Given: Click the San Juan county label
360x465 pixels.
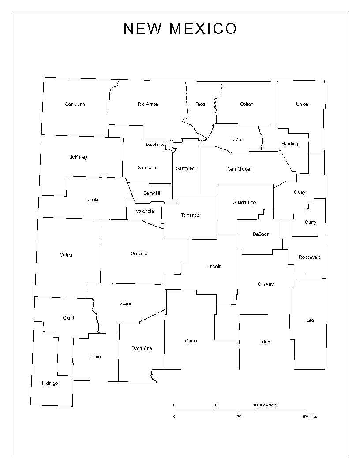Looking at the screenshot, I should [x=75, y=104].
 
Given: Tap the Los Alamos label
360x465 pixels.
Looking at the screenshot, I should [x=155, y=145].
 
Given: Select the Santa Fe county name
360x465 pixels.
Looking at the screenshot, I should [x=185, y=168].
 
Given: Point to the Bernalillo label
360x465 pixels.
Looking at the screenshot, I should [x=153, y=193].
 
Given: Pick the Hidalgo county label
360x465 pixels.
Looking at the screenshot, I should [x=50, y=383].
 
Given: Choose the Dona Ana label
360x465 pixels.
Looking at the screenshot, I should [x=142, y=348].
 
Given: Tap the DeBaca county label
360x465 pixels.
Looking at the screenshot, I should [x=261, y=234].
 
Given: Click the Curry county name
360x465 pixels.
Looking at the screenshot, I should [x=311, y=223].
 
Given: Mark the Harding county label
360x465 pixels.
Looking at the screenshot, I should [x=289, y=144].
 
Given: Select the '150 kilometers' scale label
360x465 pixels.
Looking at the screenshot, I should [x=265, y=405].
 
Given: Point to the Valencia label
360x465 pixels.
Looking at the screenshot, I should [x=145, y=212].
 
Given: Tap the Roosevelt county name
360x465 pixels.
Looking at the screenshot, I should [x=309, y=257].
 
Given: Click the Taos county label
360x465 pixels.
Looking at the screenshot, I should [x=200, y=104].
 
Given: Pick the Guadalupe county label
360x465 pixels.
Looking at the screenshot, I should [x=244, y=203].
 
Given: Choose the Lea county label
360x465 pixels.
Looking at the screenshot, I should [x=310, y=320].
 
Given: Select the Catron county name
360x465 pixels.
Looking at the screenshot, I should [x=67, y=255].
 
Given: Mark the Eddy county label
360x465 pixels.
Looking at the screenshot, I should [x=265, y=342].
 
